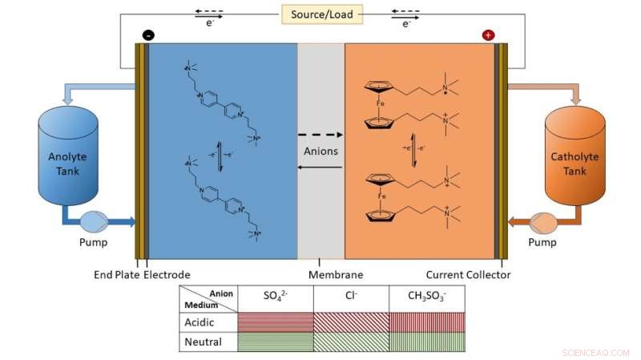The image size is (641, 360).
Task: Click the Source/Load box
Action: coord(321,14)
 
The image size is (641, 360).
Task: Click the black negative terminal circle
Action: coord(147,35)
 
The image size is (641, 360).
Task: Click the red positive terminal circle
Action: coord(488,35)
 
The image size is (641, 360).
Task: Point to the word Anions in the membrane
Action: coord(321,150)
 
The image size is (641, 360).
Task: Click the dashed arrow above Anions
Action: coord(321,135)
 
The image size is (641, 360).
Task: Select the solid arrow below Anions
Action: coord(321,167)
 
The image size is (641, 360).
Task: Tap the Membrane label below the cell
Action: coord(320,275)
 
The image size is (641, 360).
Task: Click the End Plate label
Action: coord(114,275)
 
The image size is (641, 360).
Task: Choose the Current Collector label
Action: coord(468,275)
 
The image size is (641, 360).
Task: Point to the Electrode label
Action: coord(167,275)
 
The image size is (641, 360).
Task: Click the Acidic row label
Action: coord(201,322)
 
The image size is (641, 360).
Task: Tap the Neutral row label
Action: coord(202,342)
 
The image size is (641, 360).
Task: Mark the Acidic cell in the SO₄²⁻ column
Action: coord(275,322)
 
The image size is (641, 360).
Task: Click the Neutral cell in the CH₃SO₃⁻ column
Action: coord(426,342)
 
